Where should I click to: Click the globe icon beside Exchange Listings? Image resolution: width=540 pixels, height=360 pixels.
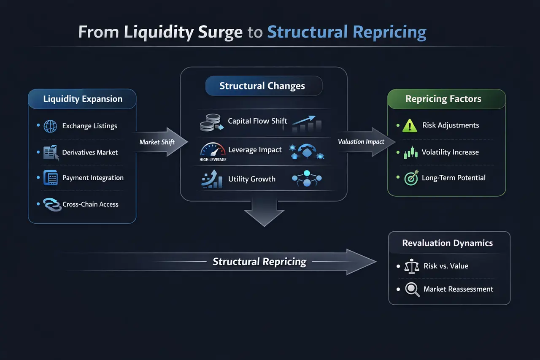tap(51, 126)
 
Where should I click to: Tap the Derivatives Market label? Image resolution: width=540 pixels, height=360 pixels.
tap(90, 152)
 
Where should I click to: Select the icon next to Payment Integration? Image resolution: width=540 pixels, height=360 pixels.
tap(51, 178)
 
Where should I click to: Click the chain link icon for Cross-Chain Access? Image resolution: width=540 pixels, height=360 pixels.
tap(52, 205)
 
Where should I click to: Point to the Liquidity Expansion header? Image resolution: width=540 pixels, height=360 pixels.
tap(83, 99)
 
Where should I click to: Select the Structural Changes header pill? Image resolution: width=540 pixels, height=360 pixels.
tap(262, 86)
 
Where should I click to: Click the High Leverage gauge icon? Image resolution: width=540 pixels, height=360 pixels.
tap(213, 151)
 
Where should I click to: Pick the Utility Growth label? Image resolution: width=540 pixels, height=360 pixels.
tap(251, 179)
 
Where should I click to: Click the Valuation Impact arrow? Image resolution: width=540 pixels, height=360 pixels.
tap(363, 142)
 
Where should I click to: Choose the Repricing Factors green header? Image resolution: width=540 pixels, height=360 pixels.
tap(443, 99)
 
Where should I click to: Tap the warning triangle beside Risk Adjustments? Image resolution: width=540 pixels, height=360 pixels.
tap(410, 125)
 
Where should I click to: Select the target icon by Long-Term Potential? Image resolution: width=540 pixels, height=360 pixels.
tap(410, 178)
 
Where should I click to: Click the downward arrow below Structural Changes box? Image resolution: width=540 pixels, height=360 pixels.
tap(264, 213)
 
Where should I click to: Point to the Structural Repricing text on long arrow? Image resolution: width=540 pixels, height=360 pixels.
tap(259, 262)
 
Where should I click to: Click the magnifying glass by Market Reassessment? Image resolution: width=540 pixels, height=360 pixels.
tap(412, 290)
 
